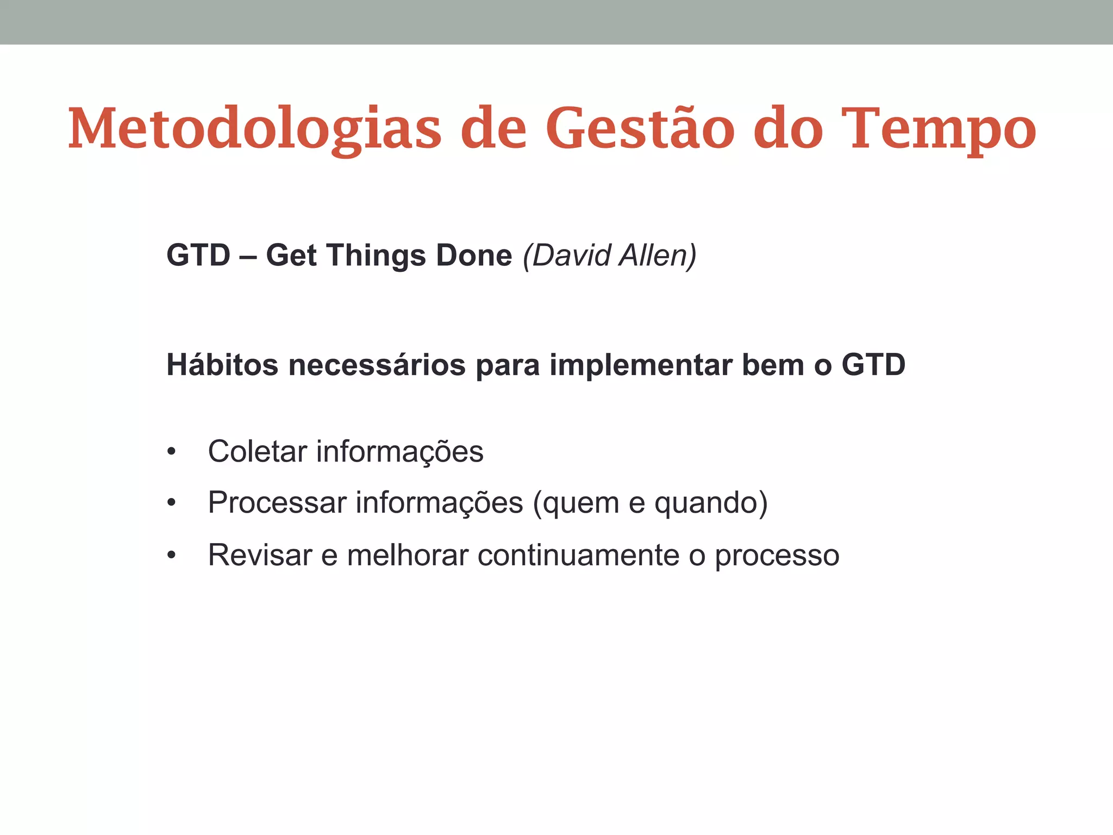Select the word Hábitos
222,364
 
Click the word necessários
377,364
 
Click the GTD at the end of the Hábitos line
873,364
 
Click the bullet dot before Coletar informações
172,452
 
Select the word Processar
277,502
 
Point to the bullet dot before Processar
172,503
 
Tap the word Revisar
260,555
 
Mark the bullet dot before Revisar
172,556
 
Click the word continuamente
578,555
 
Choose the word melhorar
408,555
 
